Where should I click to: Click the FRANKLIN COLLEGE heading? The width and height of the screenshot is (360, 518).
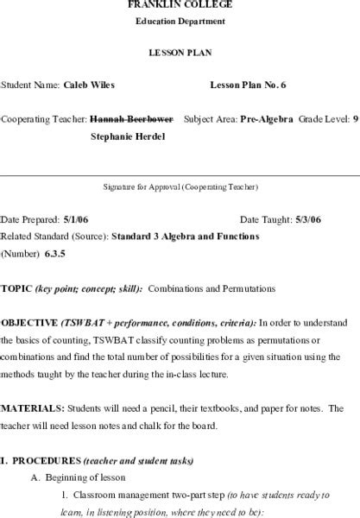(180, 4)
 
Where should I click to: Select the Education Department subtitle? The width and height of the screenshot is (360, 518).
(180, 21)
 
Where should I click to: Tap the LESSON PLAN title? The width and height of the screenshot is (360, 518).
(180, 53)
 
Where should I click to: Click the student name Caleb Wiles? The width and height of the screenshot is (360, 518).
(89, 85)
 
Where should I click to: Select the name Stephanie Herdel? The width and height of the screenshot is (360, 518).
(130, 136)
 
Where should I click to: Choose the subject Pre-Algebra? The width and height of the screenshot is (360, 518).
(267, 118)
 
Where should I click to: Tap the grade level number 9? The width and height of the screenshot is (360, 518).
(355, 118)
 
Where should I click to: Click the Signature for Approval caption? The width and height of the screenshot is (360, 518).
(180, 186)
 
